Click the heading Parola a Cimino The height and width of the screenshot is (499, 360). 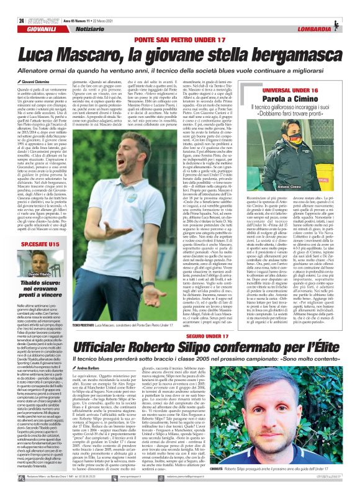pos(290,100)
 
